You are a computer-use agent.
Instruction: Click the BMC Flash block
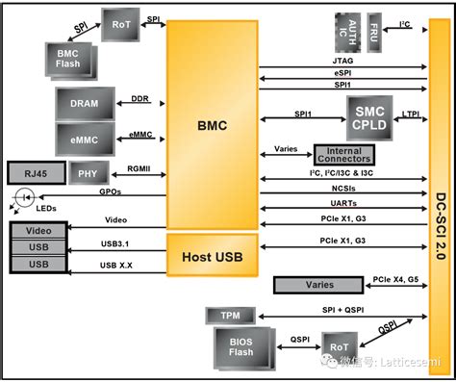pyautogui.click(x=66, y=60)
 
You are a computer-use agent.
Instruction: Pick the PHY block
pyautogui.click(x=88, y=173)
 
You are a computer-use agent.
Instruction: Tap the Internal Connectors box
pyautogui.click(x=342, y=154)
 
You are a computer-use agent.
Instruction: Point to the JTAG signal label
pyautogui.click(x=342, y=60)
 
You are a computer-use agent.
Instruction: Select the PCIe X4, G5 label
pyautogui.click(x=396, y=280)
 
